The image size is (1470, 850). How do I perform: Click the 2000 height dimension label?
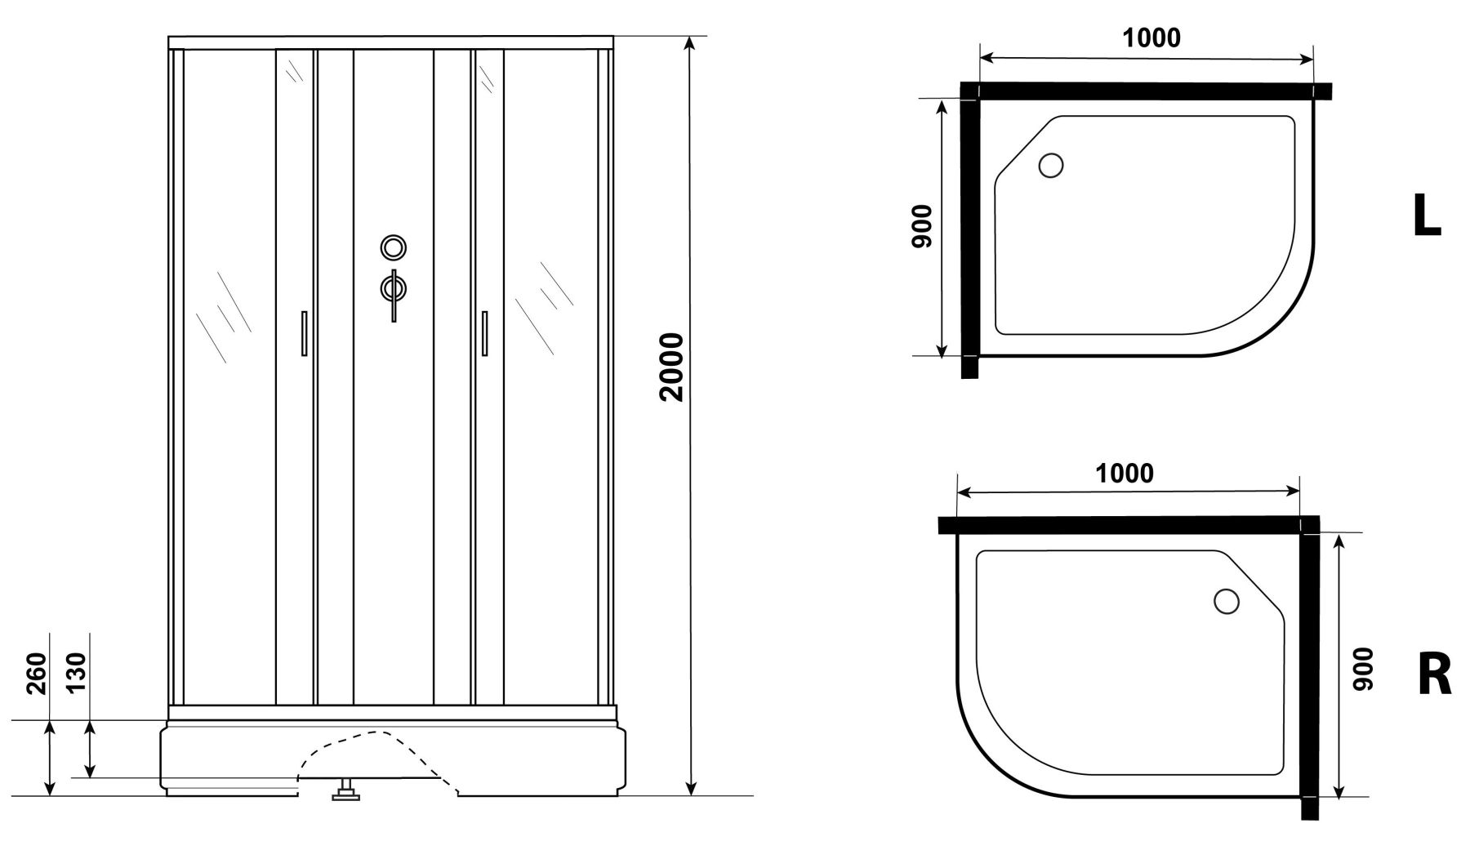click(x=672, y=367)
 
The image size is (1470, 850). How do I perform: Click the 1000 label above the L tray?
click(x=1151, y=38)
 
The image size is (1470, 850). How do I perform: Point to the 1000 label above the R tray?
click(x=1125, y=473)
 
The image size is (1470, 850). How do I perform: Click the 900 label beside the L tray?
click(x=922, y=227)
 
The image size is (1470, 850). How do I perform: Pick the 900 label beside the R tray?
click(x=1363, y=670)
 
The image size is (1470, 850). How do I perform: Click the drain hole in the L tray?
click(x=1050, y=166)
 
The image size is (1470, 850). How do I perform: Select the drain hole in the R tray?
click(x=1227, y=602)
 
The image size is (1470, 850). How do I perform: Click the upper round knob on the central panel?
click(x=394, y=247)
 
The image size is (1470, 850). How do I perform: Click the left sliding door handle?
click(x=304, y=333)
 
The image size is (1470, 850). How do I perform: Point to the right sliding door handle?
click(x=484, y=333)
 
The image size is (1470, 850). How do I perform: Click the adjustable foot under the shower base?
click(x=345, y=790)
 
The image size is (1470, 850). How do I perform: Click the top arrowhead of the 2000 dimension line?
click(x=691, y=44)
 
